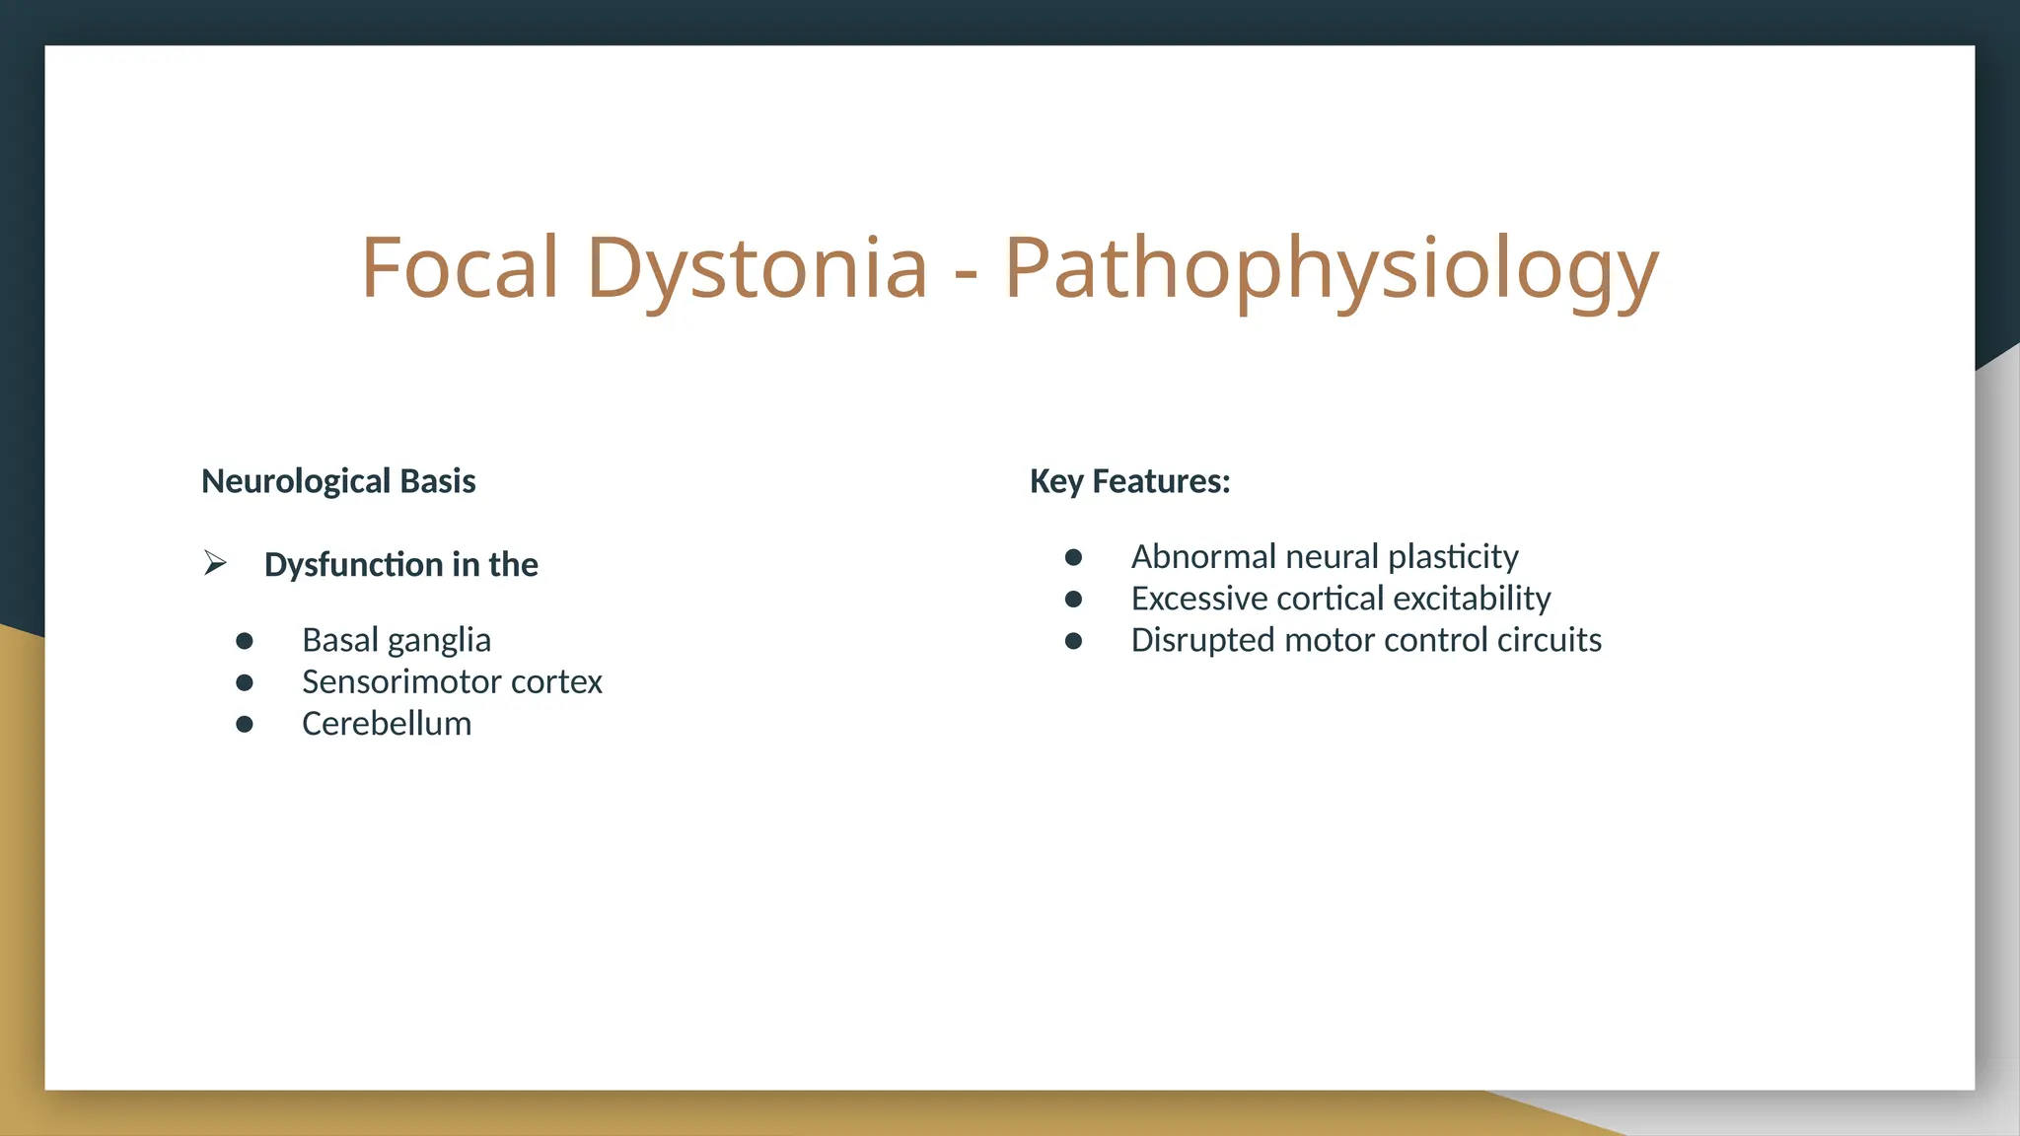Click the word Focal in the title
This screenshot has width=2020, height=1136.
(460, 268)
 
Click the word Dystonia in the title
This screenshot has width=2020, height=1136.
(757, 268)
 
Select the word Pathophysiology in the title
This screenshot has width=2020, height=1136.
(1332, 268)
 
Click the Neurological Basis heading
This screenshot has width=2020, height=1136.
(338, 481)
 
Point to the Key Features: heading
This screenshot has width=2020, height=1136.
(1129, 481)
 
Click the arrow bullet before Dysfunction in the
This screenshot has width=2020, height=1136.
(215, 564)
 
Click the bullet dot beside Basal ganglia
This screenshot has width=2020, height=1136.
(245, 641)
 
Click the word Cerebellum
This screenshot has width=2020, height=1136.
(387, 724)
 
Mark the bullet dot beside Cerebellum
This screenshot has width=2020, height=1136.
(245, 725)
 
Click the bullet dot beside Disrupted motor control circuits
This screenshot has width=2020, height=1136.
(1074, 641)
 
